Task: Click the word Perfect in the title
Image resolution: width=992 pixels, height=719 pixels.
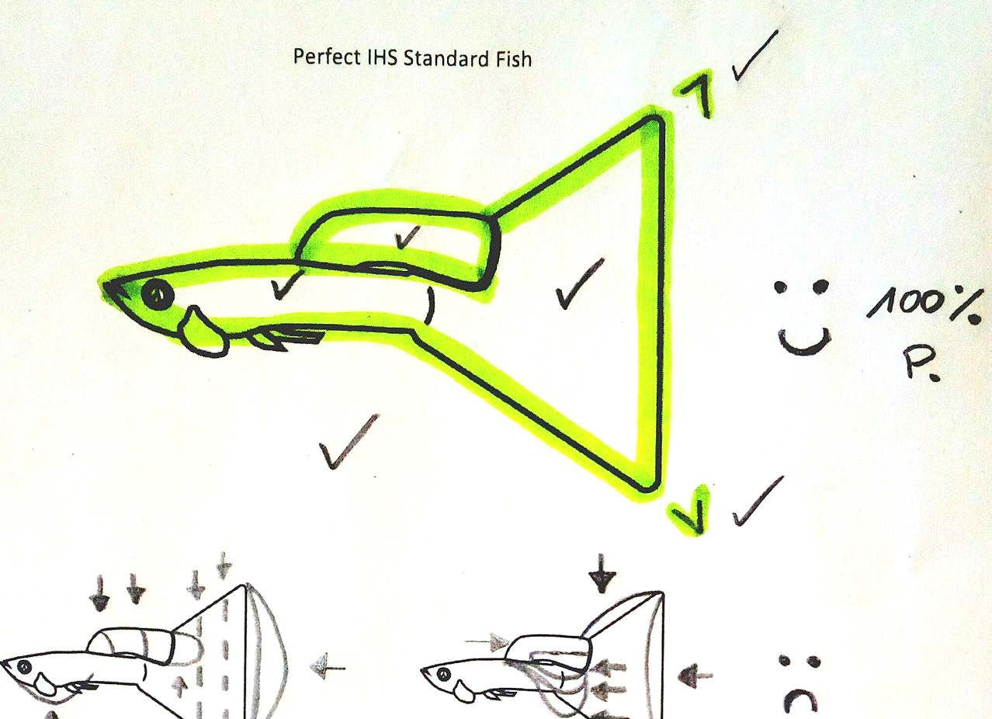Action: pos(326,57)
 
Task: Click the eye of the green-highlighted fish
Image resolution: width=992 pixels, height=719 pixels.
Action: pos(158,294)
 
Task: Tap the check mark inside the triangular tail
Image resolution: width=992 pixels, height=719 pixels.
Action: pos(579,284)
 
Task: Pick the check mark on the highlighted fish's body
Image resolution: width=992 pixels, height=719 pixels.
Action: pos(286,284)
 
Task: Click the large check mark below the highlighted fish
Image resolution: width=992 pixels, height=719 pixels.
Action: pos(349,441)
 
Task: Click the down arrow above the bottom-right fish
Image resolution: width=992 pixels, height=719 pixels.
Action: pos(601,573)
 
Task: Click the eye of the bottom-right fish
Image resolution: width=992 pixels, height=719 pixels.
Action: pos(444,674)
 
